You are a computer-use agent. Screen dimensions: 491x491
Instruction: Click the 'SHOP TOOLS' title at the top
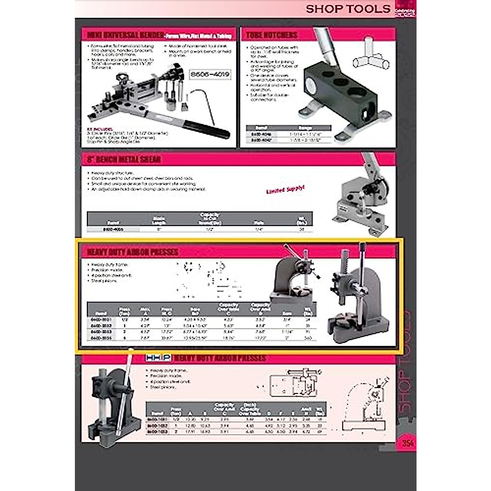[x=348, y=9]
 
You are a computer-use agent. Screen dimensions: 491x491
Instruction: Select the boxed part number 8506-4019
[x=210, y=74]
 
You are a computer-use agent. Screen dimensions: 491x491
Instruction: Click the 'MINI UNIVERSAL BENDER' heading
[x=125, y=35]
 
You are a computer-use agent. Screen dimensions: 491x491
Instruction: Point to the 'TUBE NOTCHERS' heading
[x=272, y=35]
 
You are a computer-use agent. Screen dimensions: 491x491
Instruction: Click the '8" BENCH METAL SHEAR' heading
[x=124, y=159]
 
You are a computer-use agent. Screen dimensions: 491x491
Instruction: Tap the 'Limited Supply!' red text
[x=285, y=189]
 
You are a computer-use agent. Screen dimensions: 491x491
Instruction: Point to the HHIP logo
[x=158, y=358]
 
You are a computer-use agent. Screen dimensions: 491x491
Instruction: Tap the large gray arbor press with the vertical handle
[x=355, y=299]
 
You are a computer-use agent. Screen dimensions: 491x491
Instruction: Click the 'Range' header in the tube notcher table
[x=305, y=128]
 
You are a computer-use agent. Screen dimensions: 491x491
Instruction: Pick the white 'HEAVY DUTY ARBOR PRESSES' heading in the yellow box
[x=133, y=252]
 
